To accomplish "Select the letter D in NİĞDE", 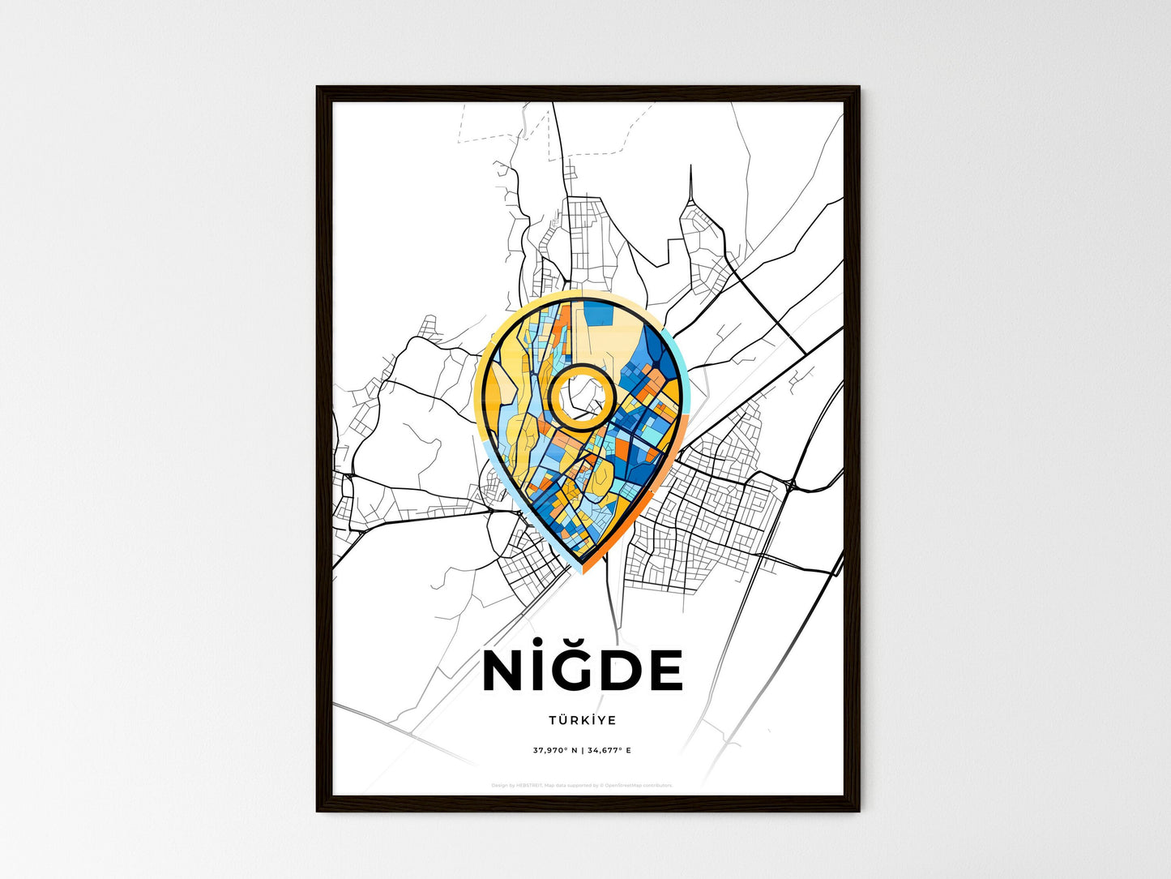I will coord(622,672).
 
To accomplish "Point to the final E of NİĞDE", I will coord(665,672).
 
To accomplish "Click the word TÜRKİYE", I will coord(582,720).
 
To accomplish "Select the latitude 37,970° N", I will coord(555,751).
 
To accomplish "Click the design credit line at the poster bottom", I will coord(582,785).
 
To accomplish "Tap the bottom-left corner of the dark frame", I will coord(318,810).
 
